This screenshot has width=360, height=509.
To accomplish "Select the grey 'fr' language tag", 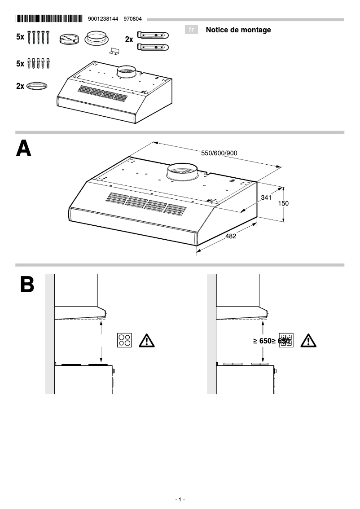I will tap(192, 30).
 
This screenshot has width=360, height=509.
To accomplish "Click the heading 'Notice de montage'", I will tap(238, 30).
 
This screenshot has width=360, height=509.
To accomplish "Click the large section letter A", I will tap(24, 149).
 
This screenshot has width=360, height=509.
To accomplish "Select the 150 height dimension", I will tap(283, 203).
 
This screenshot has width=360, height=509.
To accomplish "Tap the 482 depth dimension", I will tap(230, 237).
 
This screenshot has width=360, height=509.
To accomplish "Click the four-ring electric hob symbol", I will tap(125, 340).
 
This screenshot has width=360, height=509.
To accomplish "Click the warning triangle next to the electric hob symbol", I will tap(147, 341).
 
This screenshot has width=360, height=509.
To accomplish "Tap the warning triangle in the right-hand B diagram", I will tap(308, 341).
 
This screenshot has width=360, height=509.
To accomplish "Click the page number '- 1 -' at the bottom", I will tap(180, 500).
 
